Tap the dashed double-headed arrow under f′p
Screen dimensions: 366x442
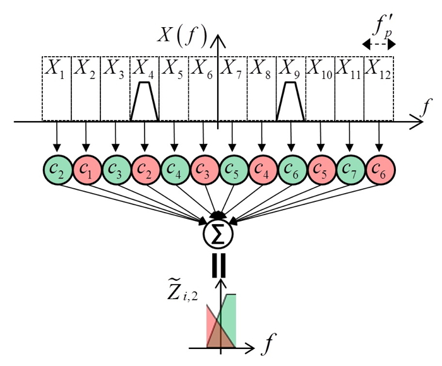click(378, 44)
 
